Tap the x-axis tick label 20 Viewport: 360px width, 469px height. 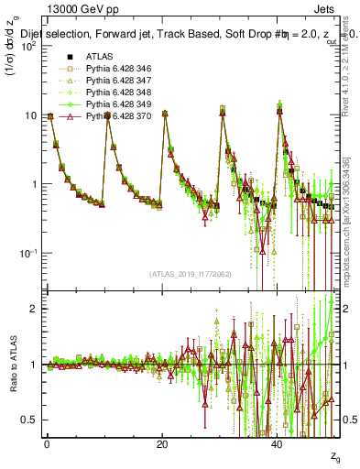[162, 444]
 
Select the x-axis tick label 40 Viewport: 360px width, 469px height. [278, 444]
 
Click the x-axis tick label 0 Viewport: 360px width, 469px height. [47, 444]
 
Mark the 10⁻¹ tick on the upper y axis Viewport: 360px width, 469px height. [27, 253]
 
